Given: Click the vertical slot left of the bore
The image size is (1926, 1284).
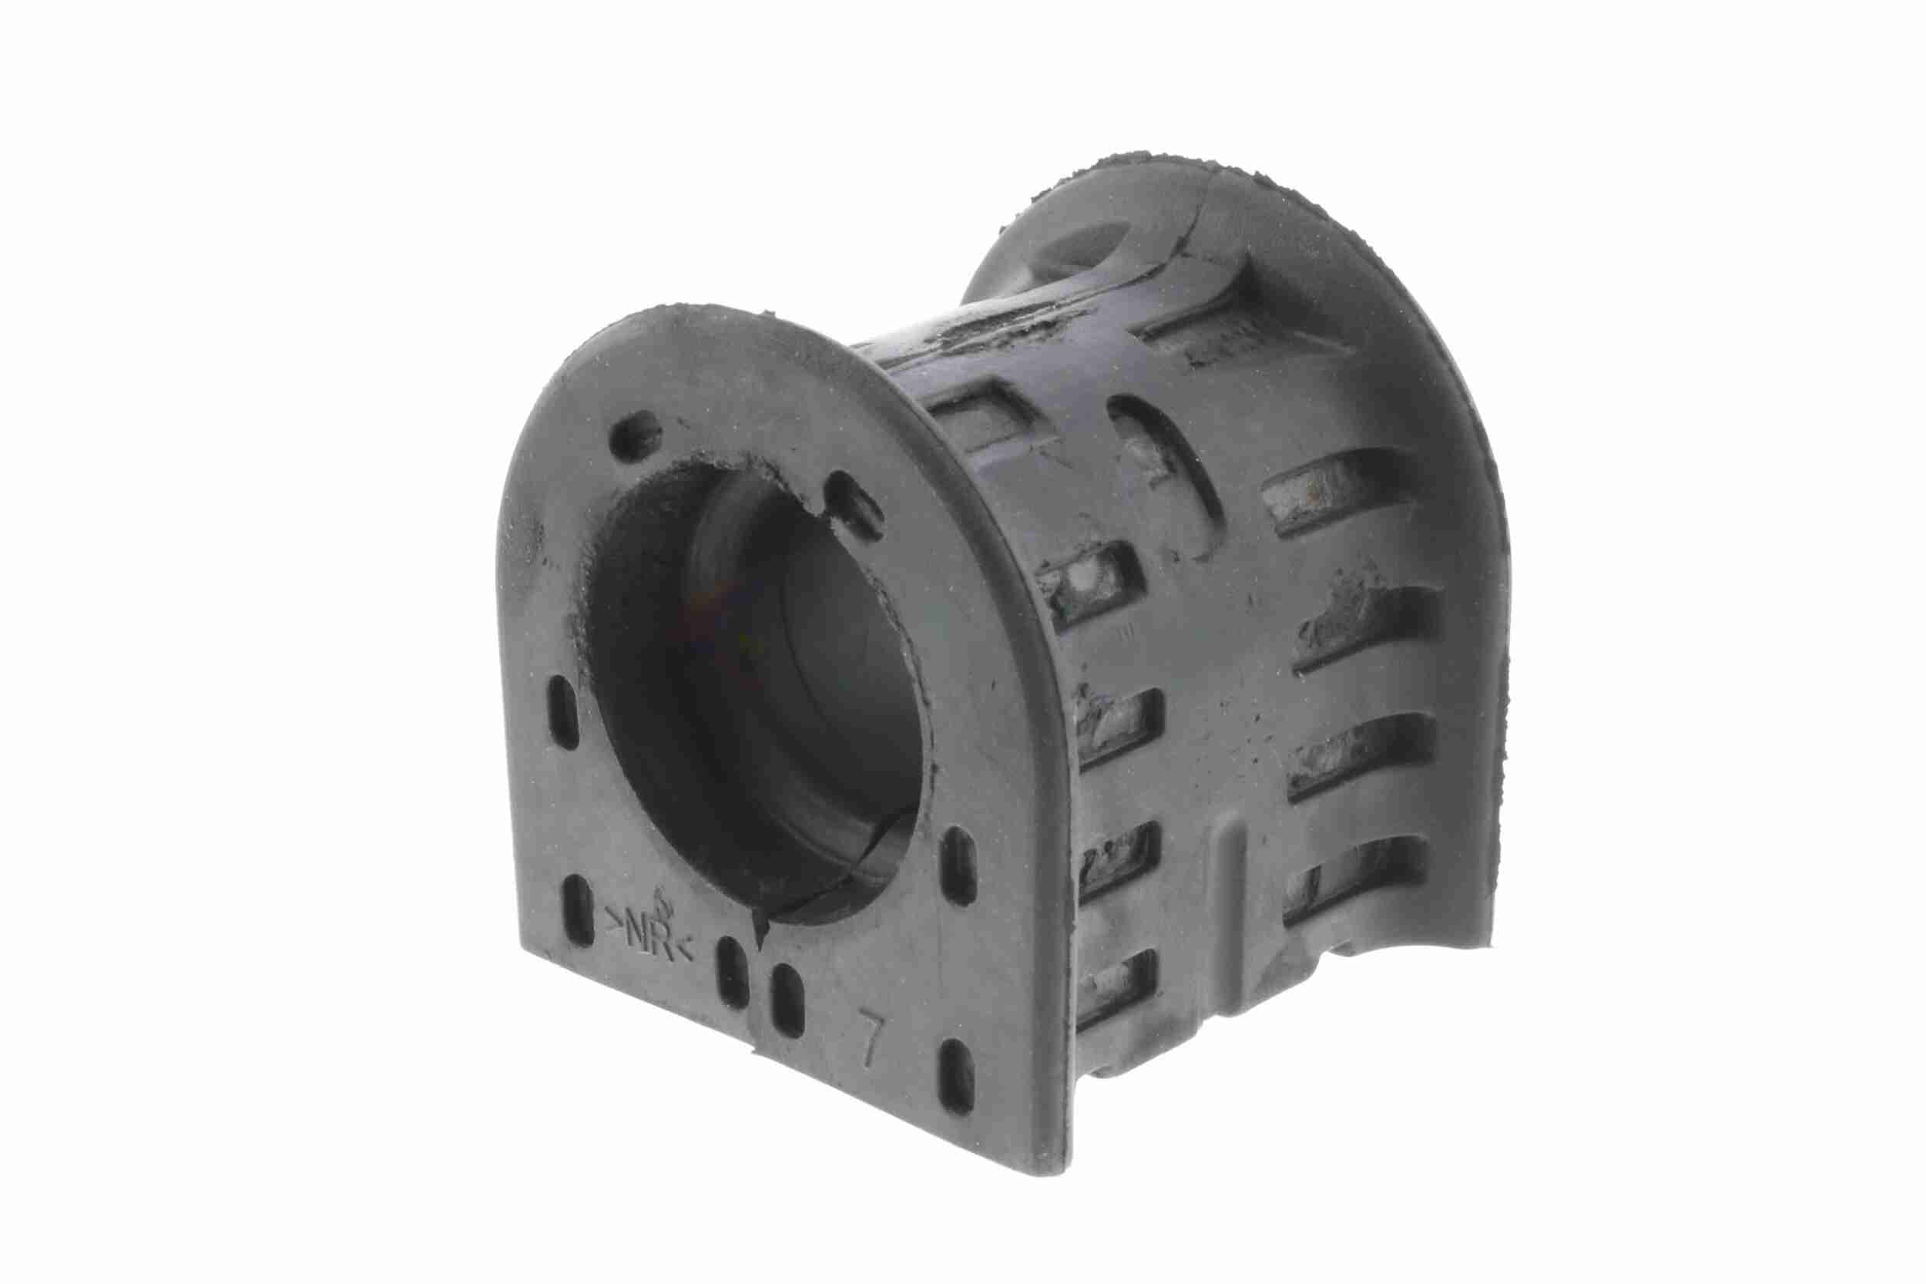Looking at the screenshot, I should [564, 711].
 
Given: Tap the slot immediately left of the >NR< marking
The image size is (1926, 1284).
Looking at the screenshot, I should [578, 909].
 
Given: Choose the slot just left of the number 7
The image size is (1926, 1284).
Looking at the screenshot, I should [787, 1000].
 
